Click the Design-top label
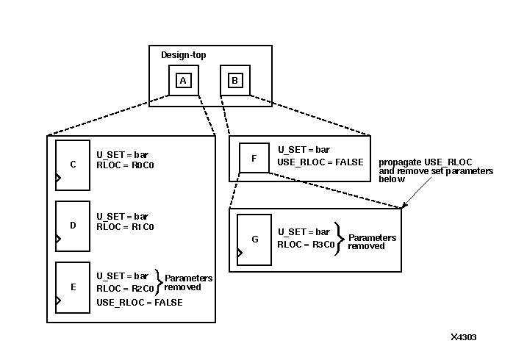tap(184, 55)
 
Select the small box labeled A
tap(183, 80)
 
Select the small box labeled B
tap(234, 80)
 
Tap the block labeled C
tap(73, 165)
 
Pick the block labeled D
tap(73, 226)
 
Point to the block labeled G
tap(254, 239)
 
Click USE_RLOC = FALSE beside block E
tap(140, 302)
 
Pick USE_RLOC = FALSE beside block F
tap(320, 162)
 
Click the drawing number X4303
tap(464, 337)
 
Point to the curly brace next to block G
tap(339, 238)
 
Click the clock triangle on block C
tap(60, 178)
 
